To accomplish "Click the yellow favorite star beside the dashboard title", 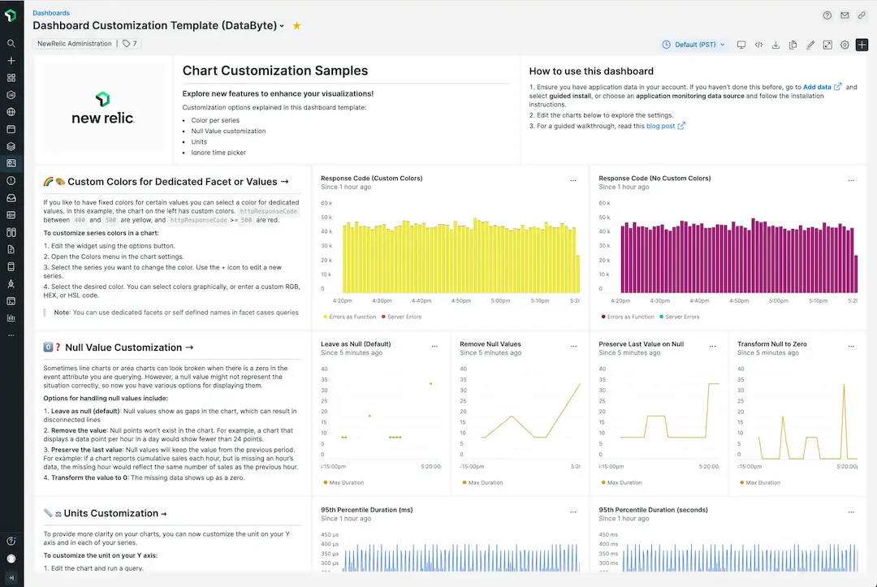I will coord(296,26).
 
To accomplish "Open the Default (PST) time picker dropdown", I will coord(693,45).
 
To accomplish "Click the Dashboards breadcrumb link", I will coord(51,13).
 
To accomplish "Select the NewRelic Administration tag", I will coord(75,44).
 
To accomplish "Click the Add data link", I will coord(817,87).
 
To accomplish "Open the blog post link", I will coord(660,126).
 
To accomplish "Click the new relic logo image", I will coord(103,108).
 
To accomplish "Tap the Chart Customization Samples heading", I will coord(274,71).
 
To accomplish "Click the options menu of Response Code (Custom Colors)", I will coord(573,179).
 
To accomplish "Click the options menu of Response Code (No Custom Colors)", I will coord(851,179).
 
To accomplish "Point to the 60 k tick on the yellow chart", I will coord(327,203).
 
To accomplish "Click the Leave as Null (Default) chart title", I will coord(356,344).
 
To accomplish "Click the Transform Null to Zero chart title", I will coord(772,344).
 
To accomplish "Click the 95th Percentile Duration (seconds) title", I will coord(653,510).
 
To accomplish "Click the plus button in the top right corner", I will coord(862,45).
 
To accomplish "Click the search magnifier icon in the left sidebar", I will coord(11,44).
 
